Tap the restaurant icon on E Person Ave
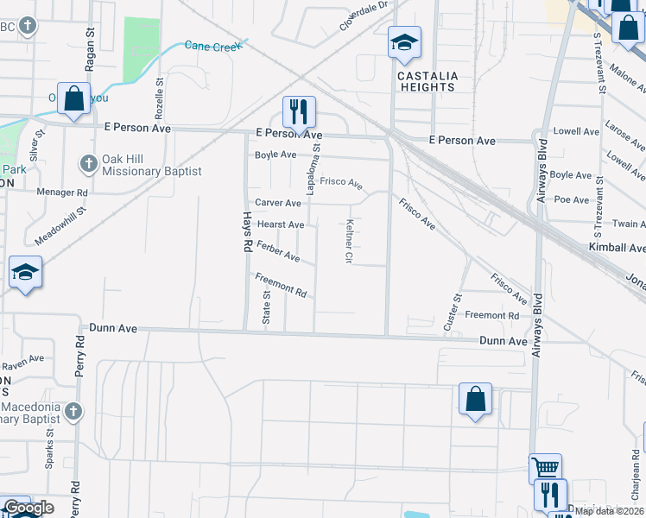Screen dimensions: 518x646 [299, 112]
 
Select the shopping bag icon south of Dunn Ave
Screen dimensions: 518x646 [475, 400]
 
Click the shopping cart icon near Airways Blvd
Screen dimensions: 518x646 [545, 469]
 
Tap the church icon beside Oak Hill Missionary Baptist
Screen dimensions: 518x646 [88, 163]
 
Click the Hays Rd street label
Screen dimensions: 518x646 [245, 232]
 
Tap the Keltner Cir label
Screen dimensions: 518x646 [349, 240]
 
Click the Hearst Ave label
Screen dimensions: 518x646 [281, 224]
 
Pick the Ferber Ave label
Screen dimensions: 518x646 [278, 251]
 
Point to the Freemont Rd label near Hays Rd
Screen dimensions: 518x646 [281, 285]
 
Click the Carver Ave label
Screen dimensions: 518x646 [277, 203]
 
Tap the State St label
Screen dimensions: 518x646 [266, 306]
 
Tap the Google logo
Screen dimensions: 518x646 [28, 509]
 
